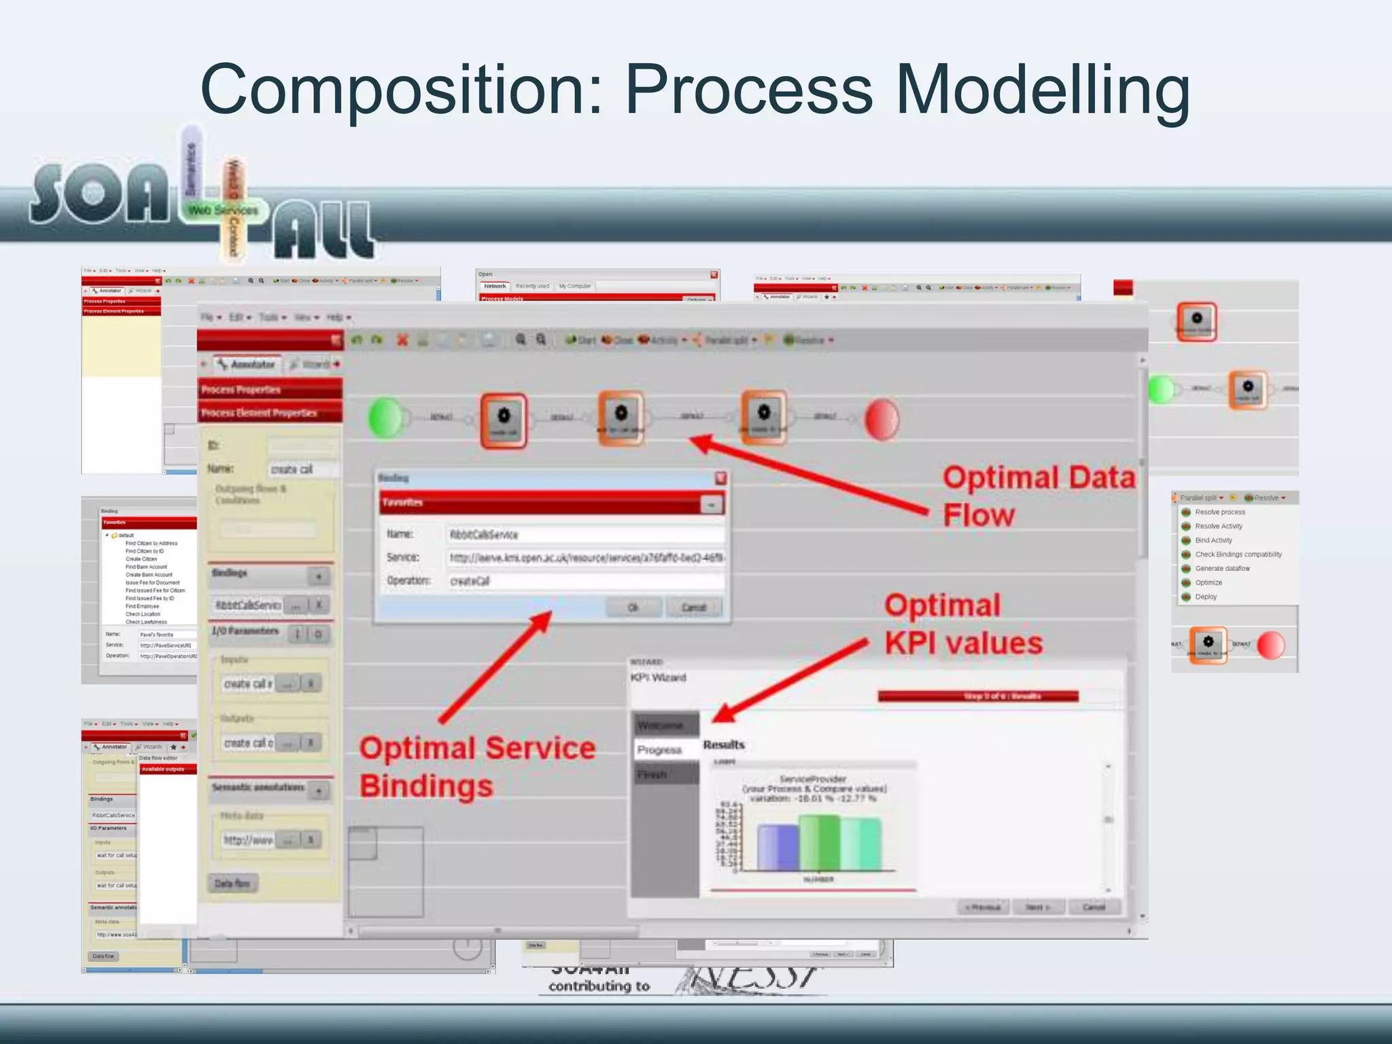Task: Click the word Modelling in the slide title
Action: (1043, 90)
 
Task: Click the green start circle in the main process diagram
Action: (385, 418)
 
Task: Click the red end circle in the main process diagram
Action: (882, 419)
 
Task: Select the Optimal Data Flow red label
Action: (1038, 496)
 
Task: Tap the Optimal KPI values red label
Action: (962, 624)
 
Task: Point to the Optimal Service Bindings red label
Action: (476, 767)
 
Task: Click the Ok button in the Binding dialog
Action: (633, 607)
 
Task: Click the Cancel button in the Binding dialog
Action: (693, 607)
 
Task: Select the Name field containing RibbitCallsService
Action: (585, 534)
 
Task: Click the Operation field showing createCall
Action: (585, 580)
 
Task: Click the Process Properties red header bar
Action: (270, 389)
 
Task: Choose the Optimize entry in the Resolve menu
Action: (1208, 582)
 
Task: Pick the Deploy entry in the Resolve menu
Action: (1206, 597)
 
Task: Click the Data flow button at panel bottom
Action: (232, 883)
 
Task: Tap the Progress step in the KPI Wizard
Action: (659, 750)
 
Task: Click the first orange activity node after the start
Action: (504, 421)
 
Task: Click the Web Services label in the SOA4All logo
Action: (223, 211)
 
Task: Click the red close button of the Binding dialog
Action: (720, 478)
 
